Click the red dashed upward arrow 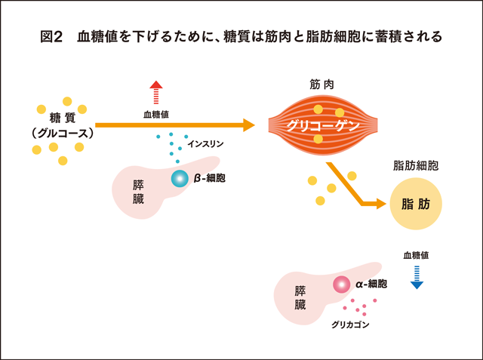156,92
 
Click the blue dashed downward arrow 417,278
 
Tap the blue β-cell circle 180,178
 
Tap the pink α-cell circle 341,285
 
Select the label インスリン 206,144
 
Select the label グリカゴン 350,325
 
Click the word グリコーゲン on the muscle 323,125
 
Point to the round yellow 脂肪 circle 416,204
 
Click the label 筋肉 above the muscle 322,85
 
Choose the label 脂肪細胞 416,166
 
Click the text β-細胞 210,178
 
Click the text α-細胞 371,284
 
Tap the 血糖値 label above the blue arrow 416,255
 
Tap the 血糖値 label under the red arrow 156,115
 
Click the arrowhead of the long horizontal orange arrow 249,125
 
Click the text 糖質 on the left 63,118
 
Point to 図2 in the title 51,37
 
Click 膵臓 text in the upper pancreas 138,192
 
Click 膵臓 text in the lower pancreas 300,297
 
